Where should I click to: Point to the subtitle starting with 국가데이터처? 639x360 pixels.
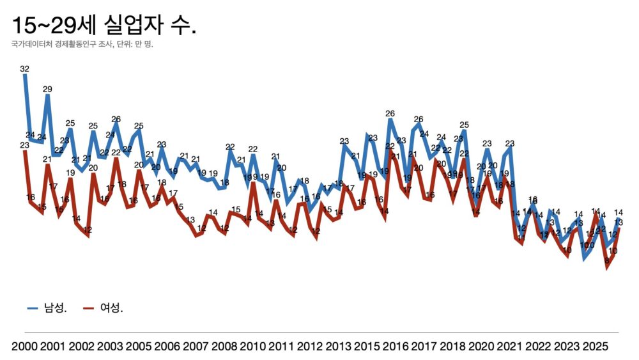tap(82, 45)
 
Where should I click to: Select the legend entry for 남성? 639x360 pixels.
tap(47, 308)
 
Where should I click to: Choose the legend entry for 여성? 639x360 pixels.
tap(103, 308)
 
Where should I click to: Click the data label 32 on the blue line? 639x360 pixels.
tap(25, 68)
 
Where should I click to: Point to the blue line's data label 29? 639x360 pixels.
tap(47, 89)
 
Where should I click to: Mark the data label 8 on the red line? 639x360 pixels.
tap(606, 260)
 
